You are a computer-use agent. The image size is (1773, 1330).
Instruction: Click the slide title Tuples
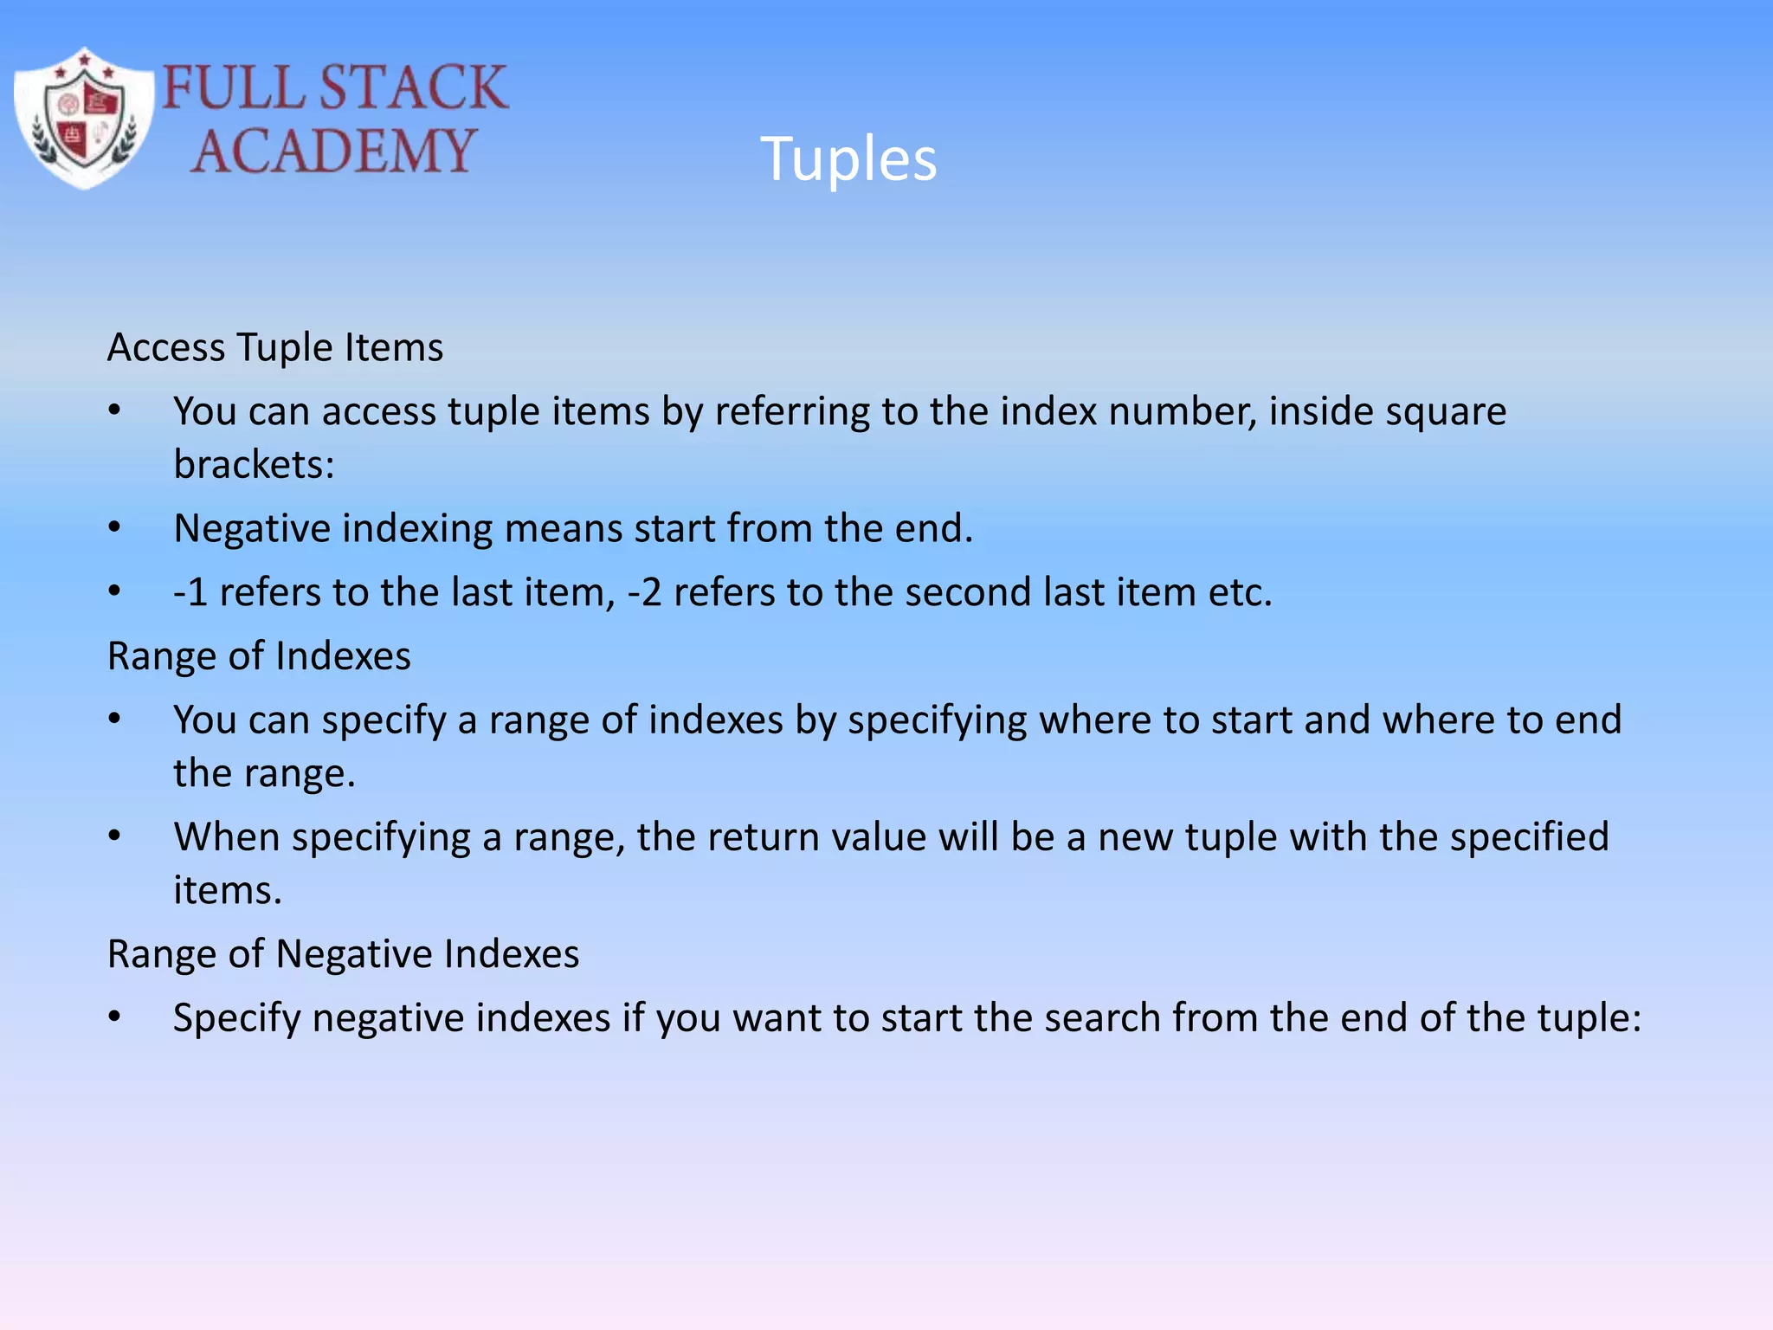click(848, 159)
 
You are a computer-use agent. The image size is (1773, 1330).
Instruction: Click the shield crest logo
click(83, 119)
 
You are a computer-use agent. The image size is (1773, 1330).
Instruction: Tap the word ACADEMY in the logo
click(333, 151)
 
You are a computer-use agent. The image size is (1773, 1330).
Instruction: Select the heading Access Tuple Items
click(275, 348)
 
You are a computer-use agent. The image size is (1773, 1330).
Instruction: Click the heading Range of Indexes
click(259, 656)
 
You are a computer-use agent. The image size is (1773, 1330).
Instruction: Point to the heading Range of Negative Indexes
click(343, 954)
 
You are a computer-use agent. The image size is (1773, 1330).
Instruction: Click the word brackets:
click(254, 465)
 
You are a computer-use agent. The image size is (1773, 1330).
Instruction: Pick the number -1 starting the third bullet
click(190, 593)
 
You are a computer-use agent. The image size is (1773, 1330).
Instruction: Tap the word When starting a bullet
click(226, 837)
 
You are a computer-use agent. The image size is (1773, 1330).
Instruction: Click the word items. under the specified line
click(228, 891)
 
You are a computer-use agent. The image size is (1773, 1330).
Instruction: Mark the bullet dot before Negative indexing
click(114, 528)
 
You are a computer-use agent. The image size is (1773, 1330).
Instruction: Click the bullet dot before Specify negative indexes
click(114, 1017)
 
